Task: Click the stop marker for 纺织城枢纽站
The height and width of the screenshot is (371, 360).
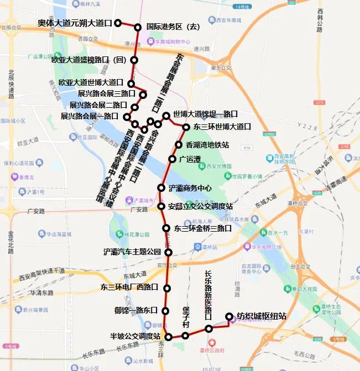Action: tap(229, 316)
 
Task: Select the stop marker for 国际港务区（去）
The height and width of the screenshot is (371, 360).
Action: tap(138, 27)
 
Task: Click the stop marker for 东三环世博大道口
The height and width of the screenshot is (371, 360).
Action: tap(186, 127)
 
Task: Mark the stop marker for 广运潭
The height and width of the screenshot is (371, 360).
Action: tap(172, 159)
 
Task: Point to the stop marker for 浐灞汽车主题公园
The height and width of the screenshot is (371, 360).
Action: tap(169, 252)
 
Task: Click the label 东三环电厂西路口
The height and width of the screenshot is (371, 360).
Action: tap(129, 287)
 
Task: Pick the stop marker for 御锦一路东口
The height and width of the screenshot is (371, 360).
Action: tap(165, 311)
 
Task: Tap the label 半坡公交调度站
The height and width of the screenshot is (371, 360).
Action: tap(135, 336)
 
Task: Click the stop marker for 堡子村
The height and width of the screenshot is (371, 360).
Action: tap(185, 336)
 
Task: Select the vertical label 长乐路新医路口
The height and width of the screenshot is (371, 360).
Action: tap(208, 296)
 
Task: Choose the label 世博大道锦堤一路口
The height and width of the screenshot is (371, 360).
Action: tap(205, 113)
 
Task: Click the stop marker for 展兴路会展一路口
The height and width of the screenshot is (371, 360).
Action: tap(127, 117)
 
